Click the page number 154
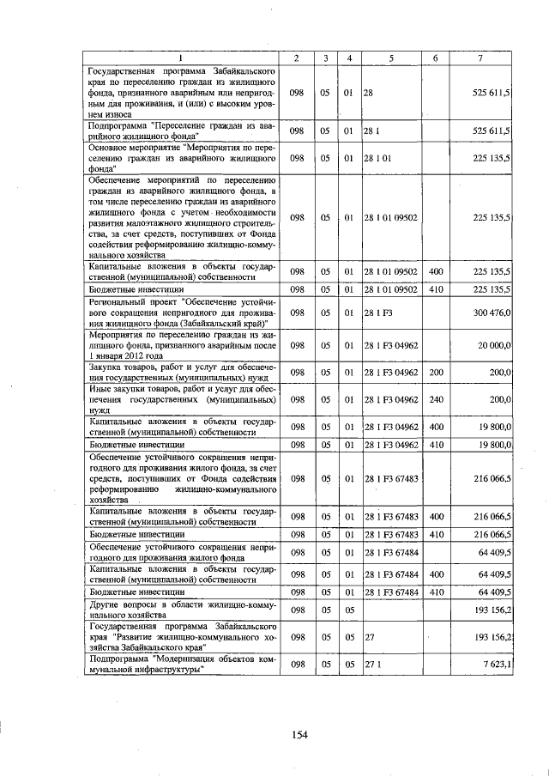tap(298, 734)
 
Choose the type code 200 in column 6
tap(435, 373)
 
